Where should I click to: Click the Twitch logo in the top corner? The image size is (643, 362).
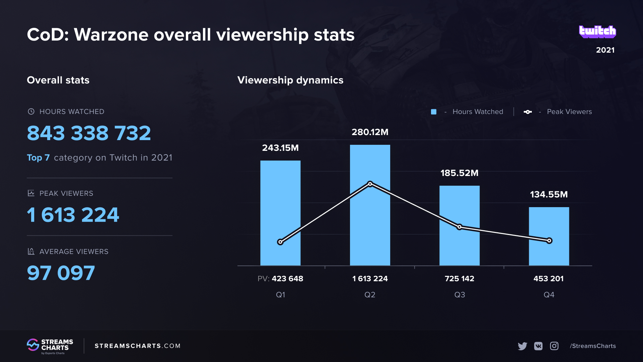pyautogui.click(x=597, y=32)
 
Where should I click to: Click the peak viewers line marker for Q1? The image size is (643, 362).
pyautogui.click(x=280, y=242)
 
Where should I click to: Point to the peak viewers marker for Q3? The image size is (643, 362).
pyautogui.click(x=459, y=227)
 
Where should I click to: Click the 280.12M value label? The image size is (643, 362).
pyautogui.click(x=370, y=132)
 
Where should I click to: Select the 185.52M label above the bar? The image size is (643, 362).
pyautogui.click(x=459, y=173)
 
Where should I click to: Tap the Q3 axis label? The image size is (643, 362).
pyautogui.click(x=459, y=295)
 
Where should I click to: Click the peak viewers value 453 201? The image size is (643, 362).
pyautogui.click(x=548, y=279)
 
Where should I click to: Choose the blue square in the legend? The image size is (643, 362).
pyautogui.click(x=434, y=112)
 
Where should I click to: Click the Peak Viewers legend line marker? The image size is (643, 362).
pyautogui.click(x=527, y=112)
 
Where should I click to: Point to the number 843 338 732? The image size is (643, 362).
pyautogui.click(x=89, y=133)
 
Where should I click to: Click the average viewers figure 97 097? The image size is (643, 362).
pyautogui.click(x=61, y=273)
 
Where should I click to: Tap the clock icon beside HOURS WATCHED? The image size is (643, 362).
pyautogui.click(x=31, y=112)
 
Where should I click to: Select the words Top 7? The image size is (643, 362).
pyautogui.click(x=38, y=158)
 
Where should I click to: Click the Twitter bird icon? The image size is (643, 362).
pyautogui.click(x=522, y=346)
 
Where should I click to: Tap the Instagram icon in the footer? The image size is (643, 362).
pyautogui.click(x=554, y=346)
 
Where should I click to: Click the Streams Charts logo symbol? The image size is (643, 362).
pyautogui.click(x=33, y=345)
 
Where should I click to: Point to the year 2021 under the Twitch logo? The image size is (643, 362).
pyautogui.click(x=605, y=50)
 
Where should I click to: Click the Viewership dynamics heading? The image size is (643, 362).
pyautogui.click(x=290, y=80)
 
